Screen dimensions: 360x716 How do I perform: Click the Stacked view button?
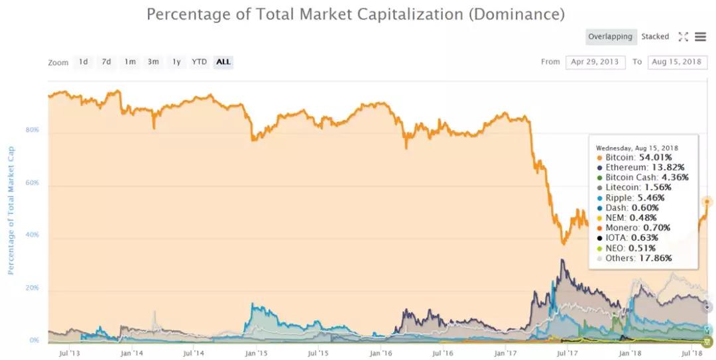[655, 37]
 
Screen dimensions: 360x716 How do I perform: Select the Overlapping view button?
[611, 37]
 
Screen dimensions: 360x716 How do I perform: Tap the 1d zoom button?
[83, 62]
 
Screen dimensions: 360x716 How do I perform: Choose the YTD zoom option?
[199, 62]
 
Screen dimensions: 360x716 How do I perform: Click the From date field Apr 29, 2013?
[595, 62]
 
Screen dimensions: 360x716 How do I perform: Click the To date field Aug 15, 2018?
[678, 62]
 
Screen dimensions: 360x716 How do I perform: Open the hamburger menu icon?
[701, 37]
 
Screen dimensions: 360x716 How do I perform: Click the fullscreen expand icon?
[683, 37]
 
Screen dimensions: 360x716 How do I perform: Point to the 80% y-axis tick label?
[32, 130]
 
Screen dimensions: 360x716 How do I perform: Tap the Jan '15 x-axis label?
[257, 354]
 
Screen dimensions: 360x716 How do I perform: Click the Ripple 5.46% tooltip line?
[630, 198]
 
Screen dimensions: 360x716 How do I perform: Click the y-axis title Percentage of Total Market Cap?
[11, 211]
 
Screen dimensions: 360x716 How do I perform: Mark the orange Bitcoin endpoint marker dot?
[707, 202]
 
